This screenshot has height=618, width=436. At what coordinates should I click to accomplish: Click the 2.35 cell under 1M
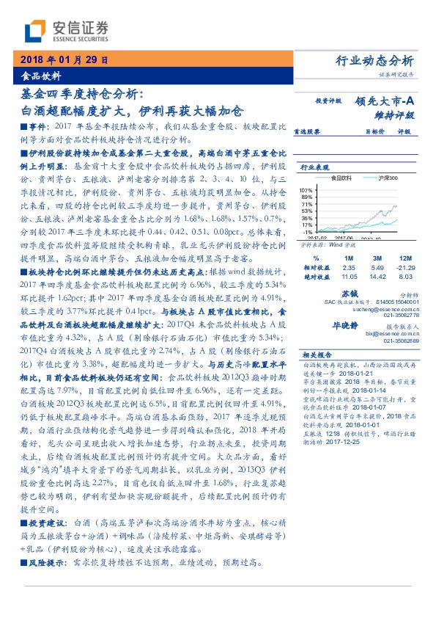point(349,269)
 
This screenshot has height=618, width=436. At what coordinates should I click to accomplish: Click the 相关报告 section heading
point(317,354)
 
